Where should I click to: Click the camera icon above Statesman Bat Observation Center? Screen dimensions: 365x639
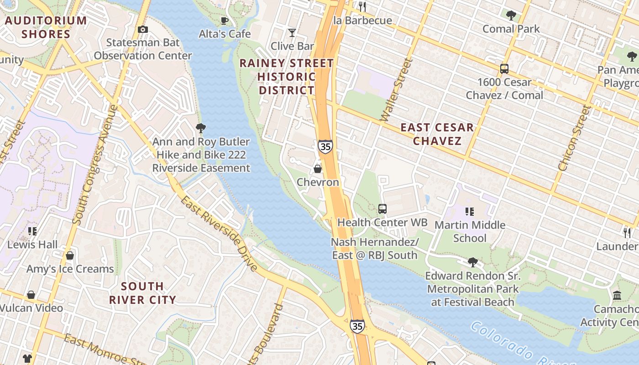click(143, 30)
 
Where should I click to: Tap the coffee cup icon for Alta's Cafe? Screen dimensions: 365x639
click(225, 21)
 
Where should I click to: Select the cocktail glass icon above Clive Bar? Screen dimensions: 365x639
click(292, 33)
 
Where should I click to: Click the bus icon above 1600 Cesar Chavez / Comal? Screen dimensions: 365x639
click(504, 69)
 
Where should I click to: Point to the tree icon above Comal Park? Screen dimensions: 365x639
click(511, 16)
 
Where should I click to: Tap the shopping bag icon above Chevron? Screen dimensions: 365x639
click(318, 169)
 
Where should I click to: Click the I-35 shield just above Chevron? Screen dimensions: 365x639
click(325, 147)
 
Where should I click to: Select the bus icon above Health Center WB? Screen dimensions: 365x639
click(382, 209)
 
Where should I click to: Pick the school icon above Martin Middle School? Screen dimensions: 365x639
click(470, 212)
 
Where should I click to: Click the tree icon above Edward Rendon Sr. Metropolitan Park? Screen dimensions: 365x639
click(473, 262)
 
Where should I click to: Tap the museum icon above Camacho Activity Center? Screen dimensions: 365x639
click(618, 296)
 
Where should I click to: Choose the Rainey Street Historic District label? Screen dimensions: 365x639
click(287, 77)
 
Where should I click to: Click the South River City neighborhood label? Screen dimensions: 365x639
click(142, 293)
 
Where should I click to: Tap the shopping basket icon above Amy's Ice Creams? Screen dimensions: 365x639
click(70, 255)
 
